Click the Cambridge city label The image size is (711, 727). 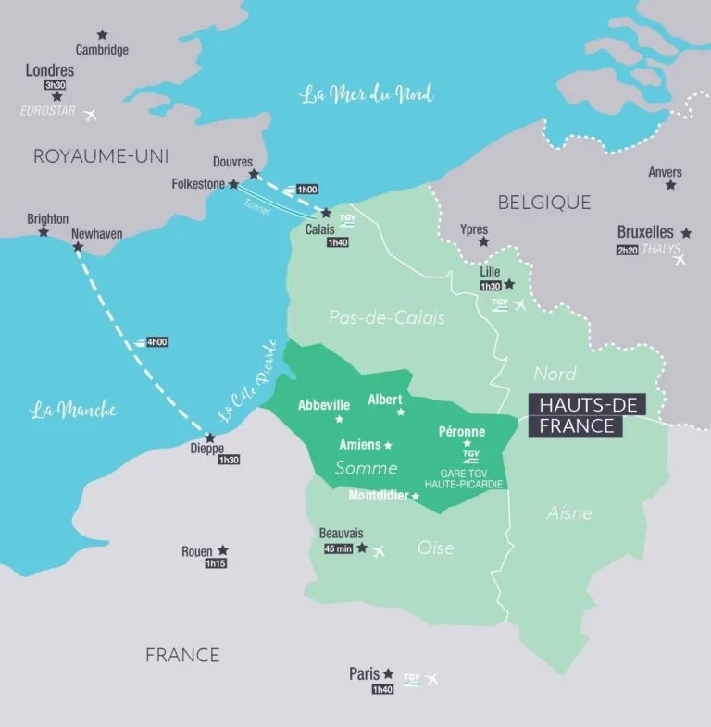pos(102,50)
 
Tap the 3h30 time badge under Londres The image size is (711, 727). pos(56,84)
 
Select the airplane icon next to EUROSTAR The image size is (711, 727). pos(91,116)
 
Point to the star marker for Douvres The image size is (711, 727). pos(254,174)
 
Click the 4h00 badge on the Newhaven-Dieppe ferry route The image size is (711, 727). pos(157,341)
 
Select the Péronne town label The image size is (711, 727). pos(460,431)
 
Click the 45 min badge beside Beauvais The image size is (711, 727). pos(336,548)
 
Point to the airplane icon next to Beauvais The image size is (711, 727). pos(378,551)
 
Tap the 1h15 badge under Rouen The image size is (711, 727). pos(216,563)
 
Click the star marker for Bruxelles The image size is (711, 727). pos(686,233)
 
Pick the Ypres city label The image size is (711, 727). pos(474,228)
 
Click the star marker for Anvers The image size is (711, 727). pos(670,186)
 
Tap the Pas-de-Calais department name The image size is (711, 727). pos(387,317)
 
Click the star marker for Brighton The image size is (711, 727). pos(44,231)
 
